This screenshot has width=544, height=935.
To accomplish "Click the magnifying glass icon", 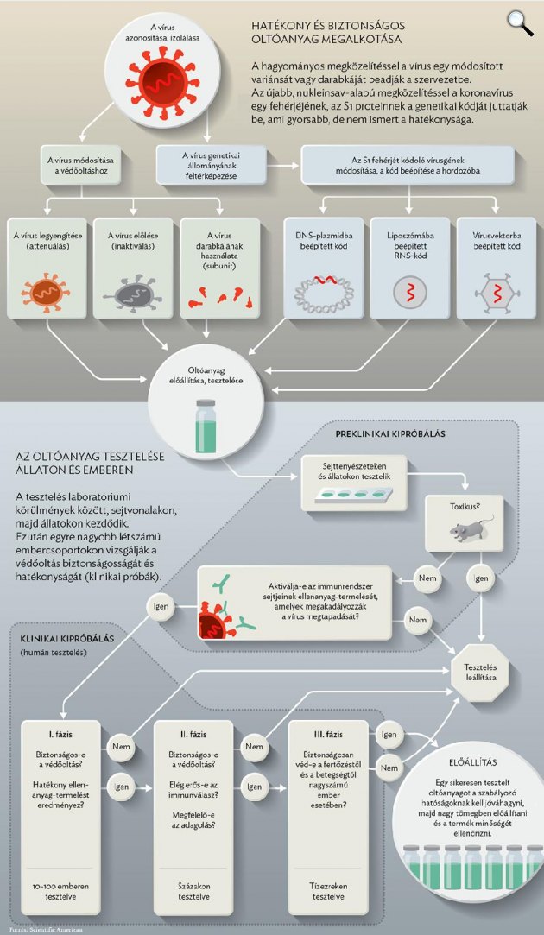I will [x=520, y=23].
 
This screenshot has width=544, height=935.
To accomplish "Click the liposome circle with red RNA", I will [x=411, y=292].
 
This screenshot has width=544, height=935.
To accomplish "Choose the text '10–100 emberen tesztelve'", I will [x=61, y=892].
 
